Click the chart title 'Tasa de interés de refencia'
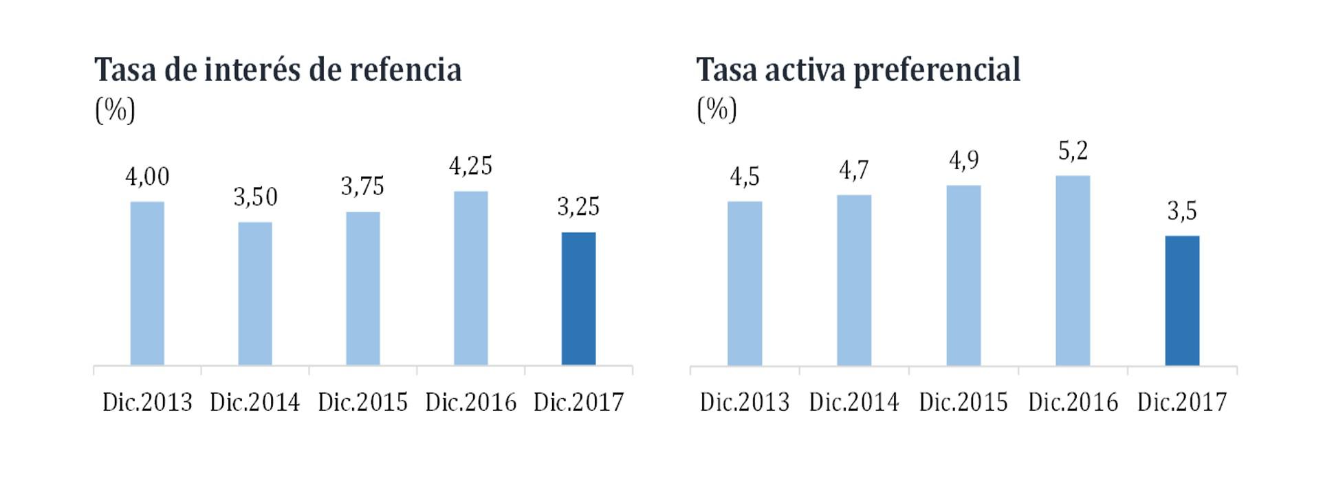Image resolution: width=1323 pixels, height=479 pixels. (278, 70)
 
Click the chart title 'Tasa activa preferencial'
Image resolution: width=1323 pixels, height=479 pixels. (857, 70)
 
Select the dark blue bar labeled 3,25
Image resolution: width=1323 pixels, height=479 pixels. (578, 298)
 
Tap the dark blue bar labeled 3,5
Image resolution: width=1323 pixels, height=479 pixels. (1182, 300)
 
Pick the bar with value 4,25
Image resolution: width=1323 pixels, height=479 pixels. (470, 278)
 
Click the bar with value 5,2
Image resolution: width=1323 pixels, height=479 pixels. (1073, 270)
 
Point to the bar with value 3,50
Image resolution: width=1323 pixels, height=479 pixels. (255, 293)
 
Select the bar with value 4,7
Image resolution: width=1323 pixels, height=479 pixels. (854, 280)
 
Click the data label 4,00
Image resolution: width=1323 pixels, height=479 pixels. (147, 177)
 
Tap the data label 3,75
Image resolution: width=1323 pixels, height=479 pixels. (362, 187)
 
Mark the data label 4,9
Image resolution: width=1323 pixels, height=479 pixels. (963, 161)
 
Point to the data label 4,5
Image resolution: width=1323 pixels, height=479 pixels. (745, 177)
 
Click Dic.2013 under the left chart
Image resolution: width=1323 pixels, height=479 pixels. (147, 402)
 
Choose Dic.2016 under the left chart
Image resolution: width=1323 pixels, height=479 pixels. (470, 402)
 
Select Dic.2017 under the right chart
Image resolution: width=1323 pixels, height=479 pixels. (1182, 402)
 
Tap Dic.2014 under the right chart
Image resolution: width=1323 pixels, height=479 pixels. (854, 402)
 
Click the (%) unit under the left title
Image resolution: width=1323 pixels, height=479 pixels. (115, 110)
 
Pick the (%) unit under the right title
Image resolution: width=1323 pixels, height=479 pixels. (717, 110)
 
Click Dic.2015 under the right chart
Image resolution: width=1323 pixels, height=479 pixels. (963, 402)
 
